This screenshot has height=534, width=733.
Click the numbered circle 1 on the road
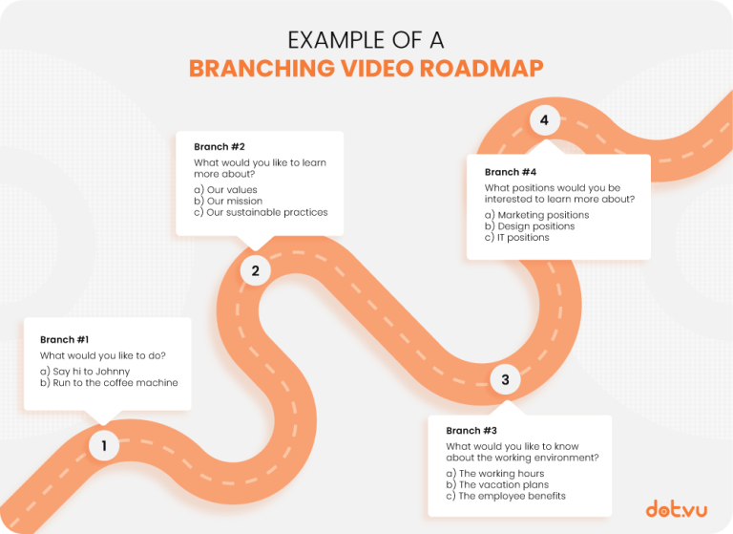tap(104, 445)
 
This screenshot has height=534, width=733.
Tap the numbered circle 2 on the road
tap(255, 270)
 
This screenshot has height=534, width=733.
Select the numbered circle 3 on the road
tap(505, 380)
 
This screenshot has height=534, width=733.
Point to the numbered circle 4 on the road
tap(544, 120)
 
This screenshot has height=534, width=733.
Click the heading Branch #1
tap(64, 339)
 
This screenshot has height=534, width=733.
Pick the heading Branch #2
tap(220, 147)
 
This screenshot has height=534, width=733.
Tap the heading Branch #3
tap(471, 431)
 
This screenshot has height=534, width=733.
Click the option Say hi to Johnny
tap(85, 371)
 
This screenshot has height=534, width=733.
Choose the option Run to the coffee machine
tap(109, 383)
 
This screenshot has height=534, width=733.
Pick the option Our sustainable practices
tap(261, 212)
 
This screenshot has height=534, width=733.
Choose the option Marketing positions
tap(536, 215)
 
